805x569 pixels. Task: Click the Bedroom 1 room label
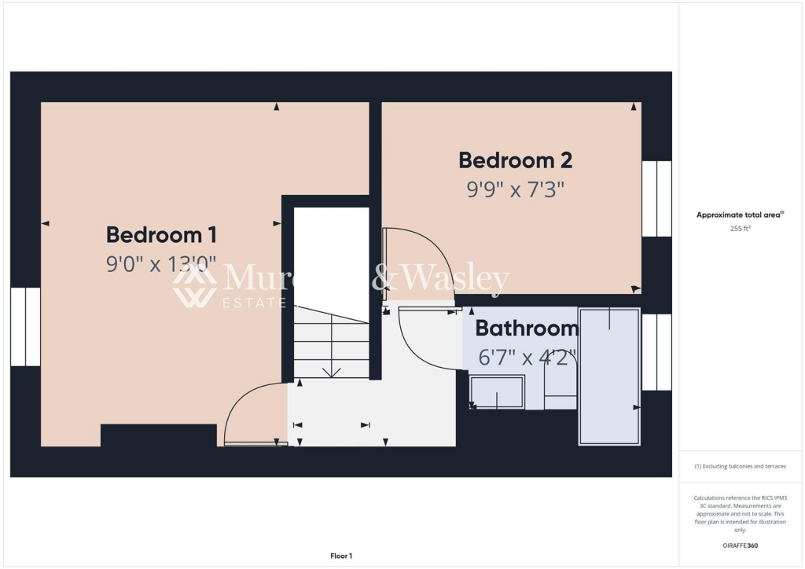click(x=161, y=235)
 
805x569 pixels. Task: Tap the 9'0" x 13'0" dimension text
click(x=161, y=264)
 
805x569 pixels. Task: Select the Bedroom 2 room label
click(x=515, y=160)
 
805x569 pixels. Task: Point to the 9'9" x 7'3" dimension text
click(x=515, y=189)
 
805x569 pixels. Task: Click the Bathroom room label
click(x=527, y=329)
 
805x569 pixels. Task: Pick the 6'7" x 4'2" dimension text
click(x=527, y=358)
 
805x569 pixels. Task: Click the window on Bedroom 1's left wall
click(x=25, y=327)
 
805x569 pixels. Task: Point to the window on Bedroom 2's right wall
click(x=656, y=199)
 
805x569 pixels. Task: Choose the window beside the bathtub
click(x=656, y=352)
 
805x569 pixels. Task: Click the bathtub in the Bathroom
click(x=609, y=377)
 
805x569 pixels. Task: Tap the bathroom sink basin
click(x=497, y=392)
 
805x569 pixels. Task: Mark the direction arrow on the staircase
click(x=332, y=371)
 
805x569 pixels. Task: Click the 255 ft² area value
click(x=741, y=229)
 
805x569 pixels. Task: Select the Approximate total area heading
click(x=741, y=215)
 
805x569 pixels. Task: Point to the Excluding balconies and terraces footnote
click(x=741, y=466)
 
